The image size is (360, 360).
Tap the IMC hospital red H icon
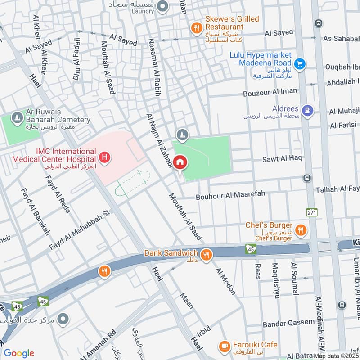105,157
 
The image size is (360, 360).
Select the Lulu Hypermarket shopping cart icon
300,64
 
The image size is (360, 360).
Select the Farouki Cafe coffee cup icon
224,346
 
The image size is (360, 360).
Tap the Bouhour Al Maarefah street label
230,195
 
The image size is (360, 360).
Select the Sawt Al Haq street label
283,158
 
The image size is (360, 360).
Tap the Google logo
19,353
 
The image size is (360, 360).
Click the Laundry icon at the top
163,7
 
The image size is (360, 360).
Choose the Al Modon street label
225,281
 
